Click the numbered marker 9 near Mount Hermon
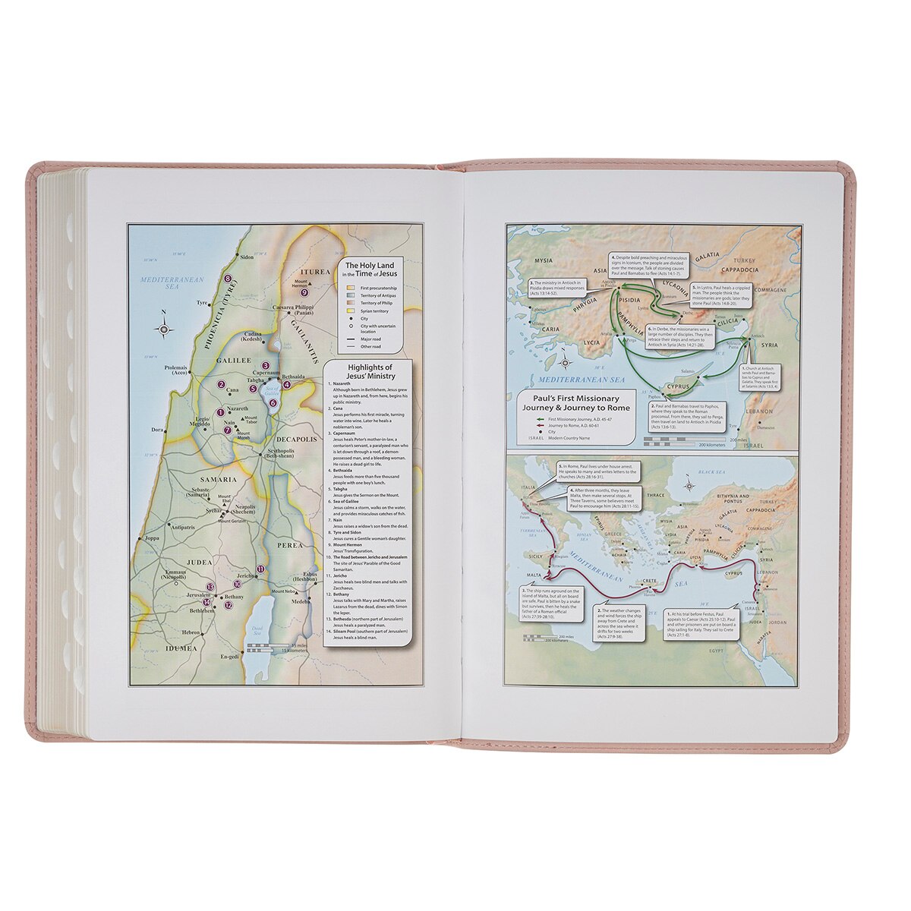coord(304,292)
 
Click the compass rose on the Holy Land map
coord(165,328)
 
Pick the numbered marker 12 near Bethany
coord(229,605)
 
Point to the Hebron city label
coord(191,632)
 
